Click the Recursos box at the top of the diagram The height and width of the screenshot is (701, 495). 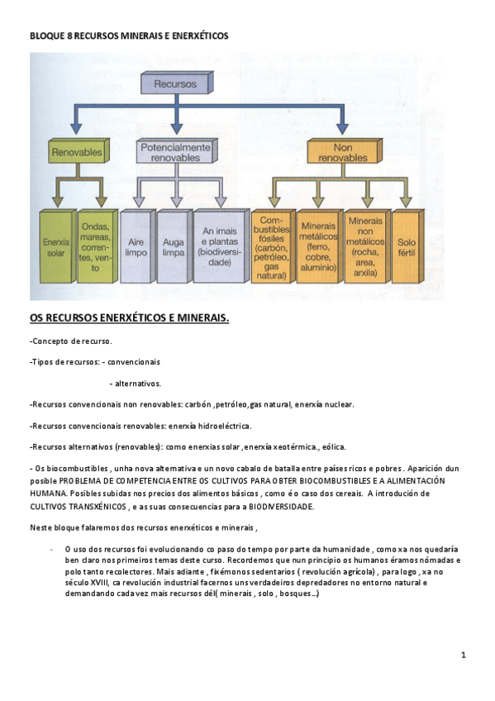click(x=174, y=84)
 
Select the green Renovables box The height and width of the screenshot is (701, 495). click(x=77, y=153)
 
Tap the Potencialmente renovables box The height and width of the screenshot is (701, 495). click(x=174, y=150)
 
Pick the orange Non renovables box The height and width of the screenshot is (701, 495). click(x=340, y=150)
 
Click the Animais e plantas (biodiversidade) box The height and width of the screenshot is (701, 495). click(x=218, y=246)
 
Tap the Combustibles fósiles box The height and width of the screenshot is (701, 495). click(x=272, y=246)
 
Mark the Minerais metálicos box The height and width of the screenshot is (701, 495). click(x=319, y=246)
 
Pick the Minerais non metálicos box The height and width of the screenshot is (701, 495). click(x=365, y=246)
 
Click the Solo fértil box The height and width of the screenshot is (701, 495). click(x=407, y=246)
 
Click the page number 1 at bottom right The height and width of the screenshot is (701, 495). click(x=464, y=656)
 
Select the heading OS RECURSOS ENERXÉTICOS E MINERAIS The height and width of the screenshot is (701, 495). click(x=130, y=317)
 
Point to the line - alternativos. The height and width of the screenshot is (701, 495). click(x=135, y=384)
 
